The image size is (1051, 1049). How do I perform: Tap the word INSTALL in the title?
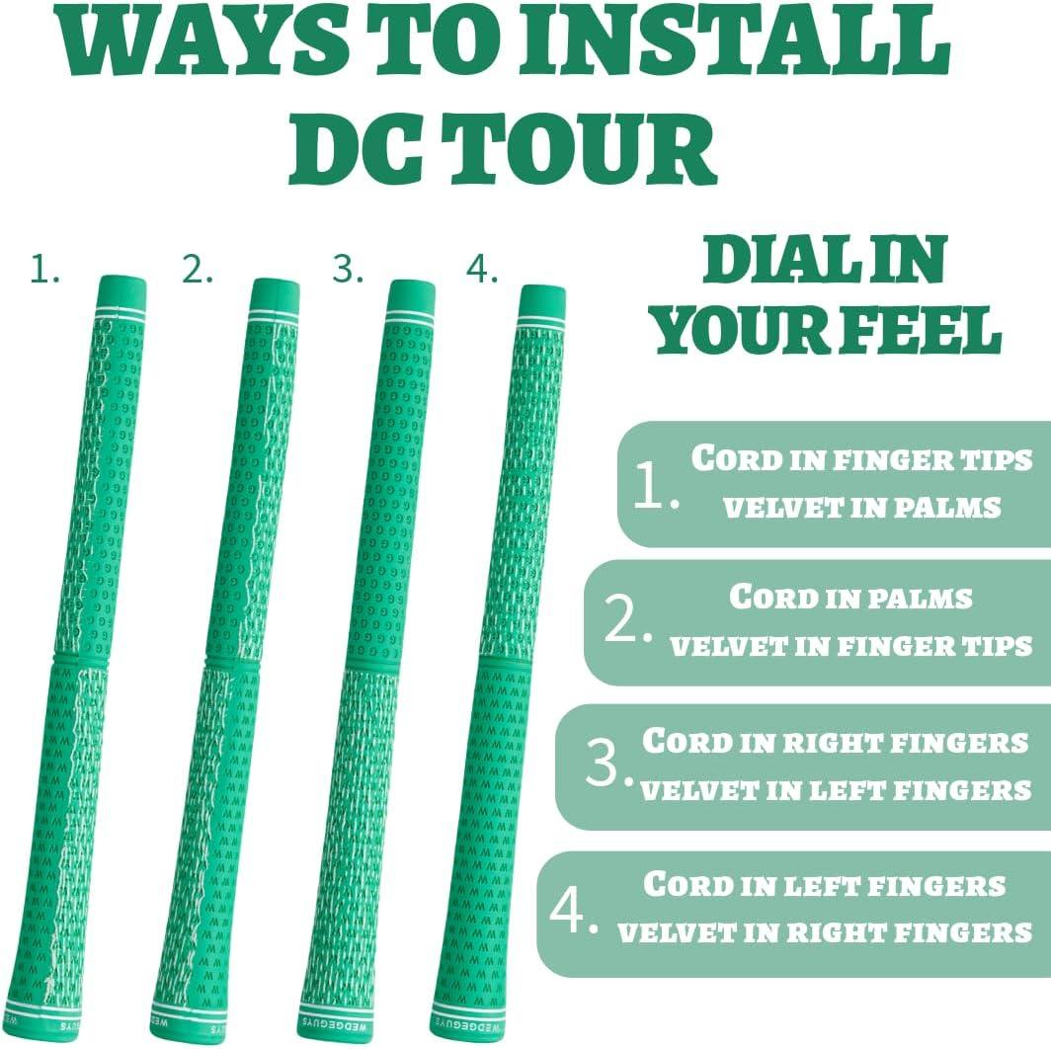click(735, 41)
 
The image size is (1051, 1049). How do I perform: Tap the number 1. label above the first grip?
click(44, 270)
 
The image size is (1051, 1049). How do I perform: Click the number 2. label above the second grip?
click(198, 270)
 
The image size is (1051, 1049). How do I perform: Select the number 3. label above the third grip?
click(348, 269)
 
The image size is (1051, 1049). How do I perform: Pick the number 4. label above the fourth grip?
click(482, 270)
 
